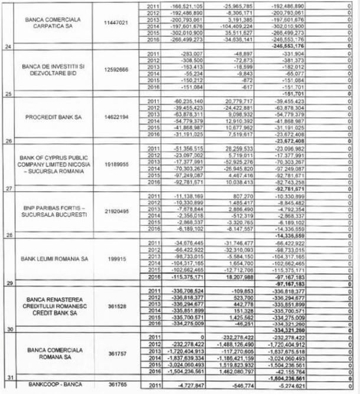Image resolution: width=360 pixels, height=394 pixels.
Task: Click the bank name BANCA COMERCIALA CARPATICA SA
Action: [54, 23]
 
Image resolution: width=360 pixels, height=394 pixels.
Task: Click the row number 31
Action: [8, 376]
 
